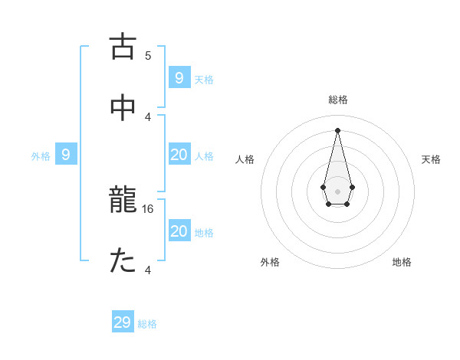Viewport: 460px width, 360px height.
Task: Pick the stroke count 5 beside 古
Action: coord(148,56)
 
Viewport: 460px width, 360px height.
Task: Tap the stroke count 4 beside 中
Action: coord(148,116)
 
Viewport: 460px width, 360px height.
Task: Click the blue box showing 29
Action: coord(123,322)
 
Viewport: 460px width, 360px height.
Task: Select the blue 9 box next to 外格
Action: coord(66,155)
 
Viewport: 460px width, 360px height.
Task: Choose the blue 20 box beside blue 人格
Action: coord(179,155)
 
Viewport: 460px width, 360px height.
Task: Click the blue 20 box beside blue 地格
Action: coord(179,231)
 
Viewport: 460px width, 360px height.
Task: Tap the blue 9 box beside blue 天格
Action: coord(179,78)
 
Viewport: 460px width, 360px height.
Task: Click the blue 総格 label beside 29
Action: coord(147,324)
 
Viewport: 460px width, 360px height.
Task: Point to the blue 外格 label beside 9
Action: coord(41,156)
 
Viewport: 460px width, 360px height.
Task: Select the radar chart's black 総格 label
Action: coord(338,100)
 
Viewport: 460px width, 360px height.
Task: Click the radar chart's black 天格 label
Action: coord(432,159)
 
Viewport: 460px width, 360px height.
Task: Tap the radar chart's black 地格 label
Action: coord(402,262)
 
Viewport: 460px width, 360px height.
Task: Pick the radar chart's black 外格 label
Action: coord(270,262)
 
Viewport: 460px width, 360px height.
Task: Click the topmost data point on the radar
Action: coord(337,129)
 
